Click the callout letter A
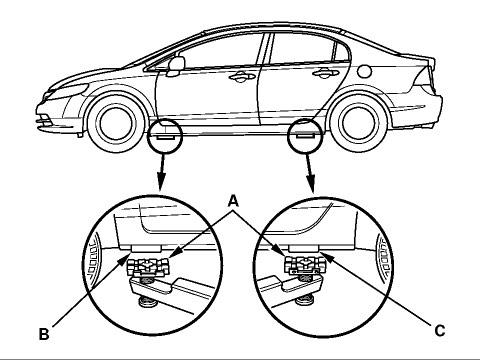pyautogui.click(x=234, y=201)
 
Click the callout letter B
pyautogui.click(x=44, y=334)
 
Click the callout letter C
pyautogui.click(x=440, y=331)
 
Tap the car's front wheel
pyautogui.click(x=117, y=123)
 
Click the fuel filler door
pyautogui.click(x=365, y=71)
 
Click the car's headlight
pyautogui.click(x=67, y=92)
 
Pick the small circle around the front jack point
pyautogui.click(x=165, y=135)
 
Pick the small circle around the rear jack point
pyautogui.click(x=306, y=135)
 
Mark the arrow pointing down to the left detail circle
pyautogui.click(x=162, y=172)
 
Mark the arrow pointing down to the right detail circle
pyautogui.click(x=310, y=173)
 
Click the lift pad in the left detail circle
pyautogui.click(x=148, y=268)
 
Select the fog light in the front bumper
pyautogui.click(x=43, y=118)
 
